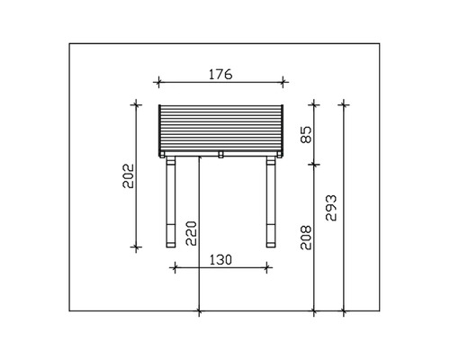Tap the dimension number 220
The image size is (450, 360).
point(190,233)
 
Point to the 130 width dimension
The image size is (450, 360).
point(220,259)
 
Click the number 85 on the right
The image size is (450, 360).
point(305,135)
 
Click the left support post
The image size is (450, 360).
point(171,202)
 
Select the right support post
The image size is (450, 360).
point(269,202)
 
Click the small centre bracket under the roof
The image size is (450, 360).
point(220,155)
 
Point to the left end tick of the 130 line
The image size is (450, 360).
point(172,265)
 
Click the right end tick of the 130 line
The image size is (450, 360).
point(268,265)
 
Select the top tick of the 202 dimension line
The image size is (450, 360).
point(136,103)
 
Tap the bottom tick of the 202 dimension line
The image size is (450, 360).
point(136,247)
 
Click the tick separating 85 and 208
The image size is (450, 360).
point(313,164)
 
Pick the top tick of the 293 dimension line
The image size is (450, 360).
point(343,103)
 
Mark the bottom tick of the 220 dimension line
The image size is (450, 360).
point(198,311)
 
